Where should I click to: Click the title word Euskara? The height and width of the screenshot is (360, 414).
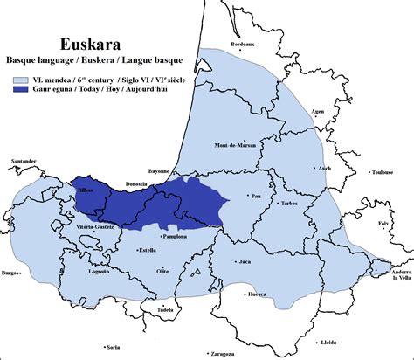pos(89,44)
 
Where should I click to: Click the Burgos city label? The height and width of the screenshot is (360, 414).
pos(10,273)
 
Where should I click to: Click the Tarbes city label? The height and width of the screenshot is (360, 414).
pos(290,203)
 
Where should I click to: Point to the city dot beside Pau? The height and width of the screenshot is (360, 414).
pos(250,195)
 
